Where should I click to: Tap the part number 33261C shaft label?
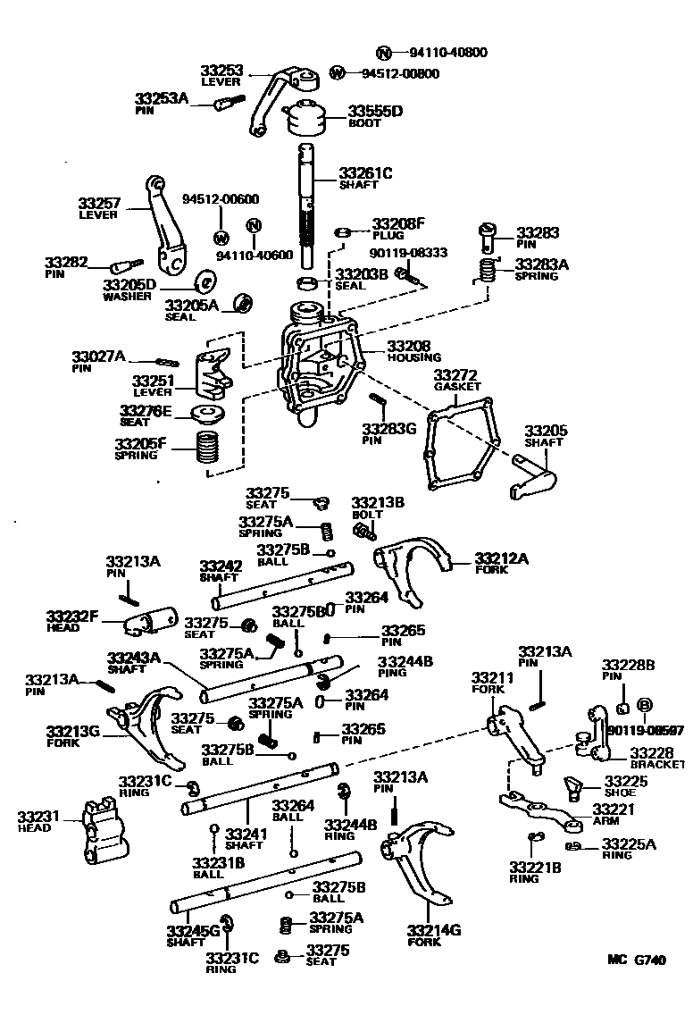pyautogui.click(x=365, y=172)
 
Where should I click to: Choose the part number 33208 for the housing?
pyautogui.click(x=408, y=345)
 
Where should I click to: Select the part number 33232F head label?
pyautogui.click(x=72, y=616)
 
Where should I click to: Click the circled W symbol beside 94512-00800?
pyautogui.click(x=338, y=73)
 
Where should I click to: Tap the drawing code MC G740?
pyautogui.click(x=637, y=961)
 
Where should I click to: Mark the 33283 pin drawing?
pyautogui.click(x=488, y=237)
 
